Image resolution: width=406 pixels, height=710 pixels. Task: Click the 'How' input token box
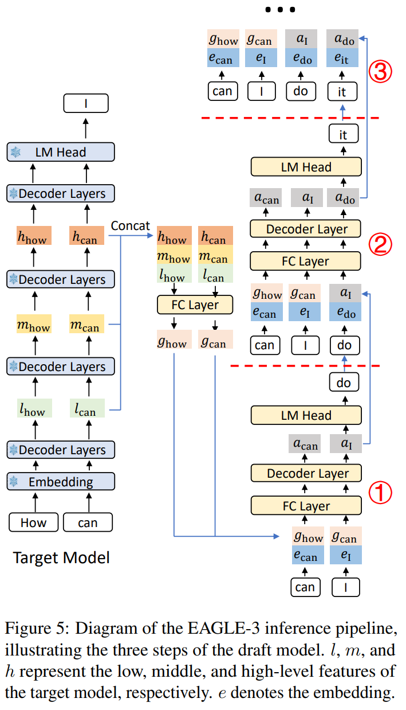pyautogui.click(x=34, y=522)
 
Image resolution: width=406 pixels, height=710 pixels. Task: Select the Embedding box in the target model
pyautogui.click(x=61, y=482)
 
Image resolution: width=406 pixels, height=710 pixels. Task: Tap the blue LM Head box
pyautogui.click(x=61, y=153)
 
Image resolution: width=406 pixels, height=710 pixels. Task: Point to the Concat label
pyautogui.click(x=130, y=226)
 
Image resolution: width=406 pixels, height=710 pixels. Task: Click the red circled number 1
pyautogui.click(x=379, y=492)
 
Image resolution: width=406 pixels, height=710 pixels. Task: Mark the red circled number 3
pyautogui.click(x=380, y=72)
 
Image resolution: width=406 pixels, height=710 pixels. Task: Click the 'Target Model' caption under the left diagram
pyautogui.click(x=61, y=557)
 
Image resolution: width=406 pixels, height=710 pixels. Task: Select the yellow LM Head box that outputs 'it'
pyautogui.click(x=306, y=167)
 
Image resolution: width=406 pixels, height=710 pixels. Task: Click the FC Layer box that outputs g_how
pyautogui.click(x=195, y=305)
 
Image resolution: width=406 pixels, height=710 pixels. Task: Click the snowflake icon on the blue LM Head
pyautogui.click(x=15, y=153)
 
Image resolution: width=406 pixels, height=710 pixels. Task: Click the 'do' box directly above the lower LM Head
pyautogui.click(x=344, y=382)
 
